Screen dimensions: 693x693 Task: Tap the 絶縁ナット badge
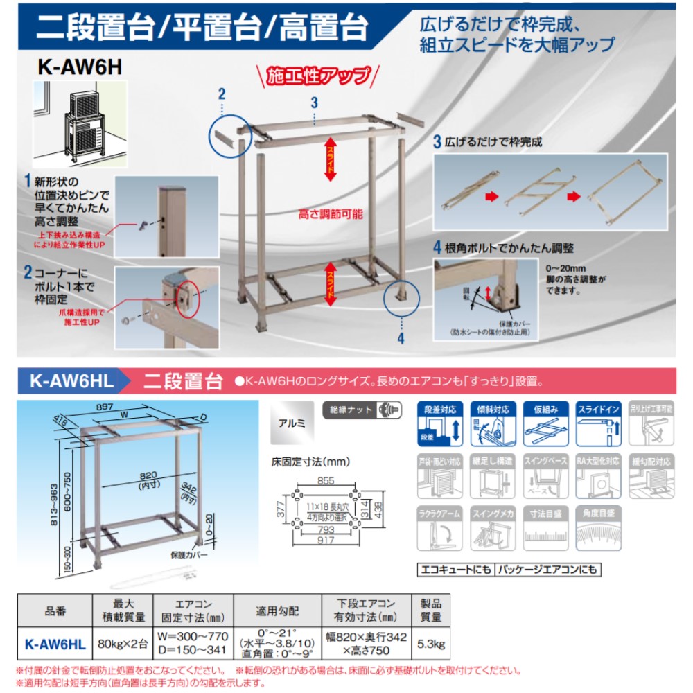coord(362,410)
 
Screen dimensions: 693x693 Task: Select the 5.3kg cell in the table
coord(431,644)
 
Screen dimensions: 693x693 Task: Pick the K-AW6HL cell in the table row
coord(55,644)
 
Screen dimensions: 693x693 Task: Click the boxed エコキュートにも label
coord(455,570)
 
